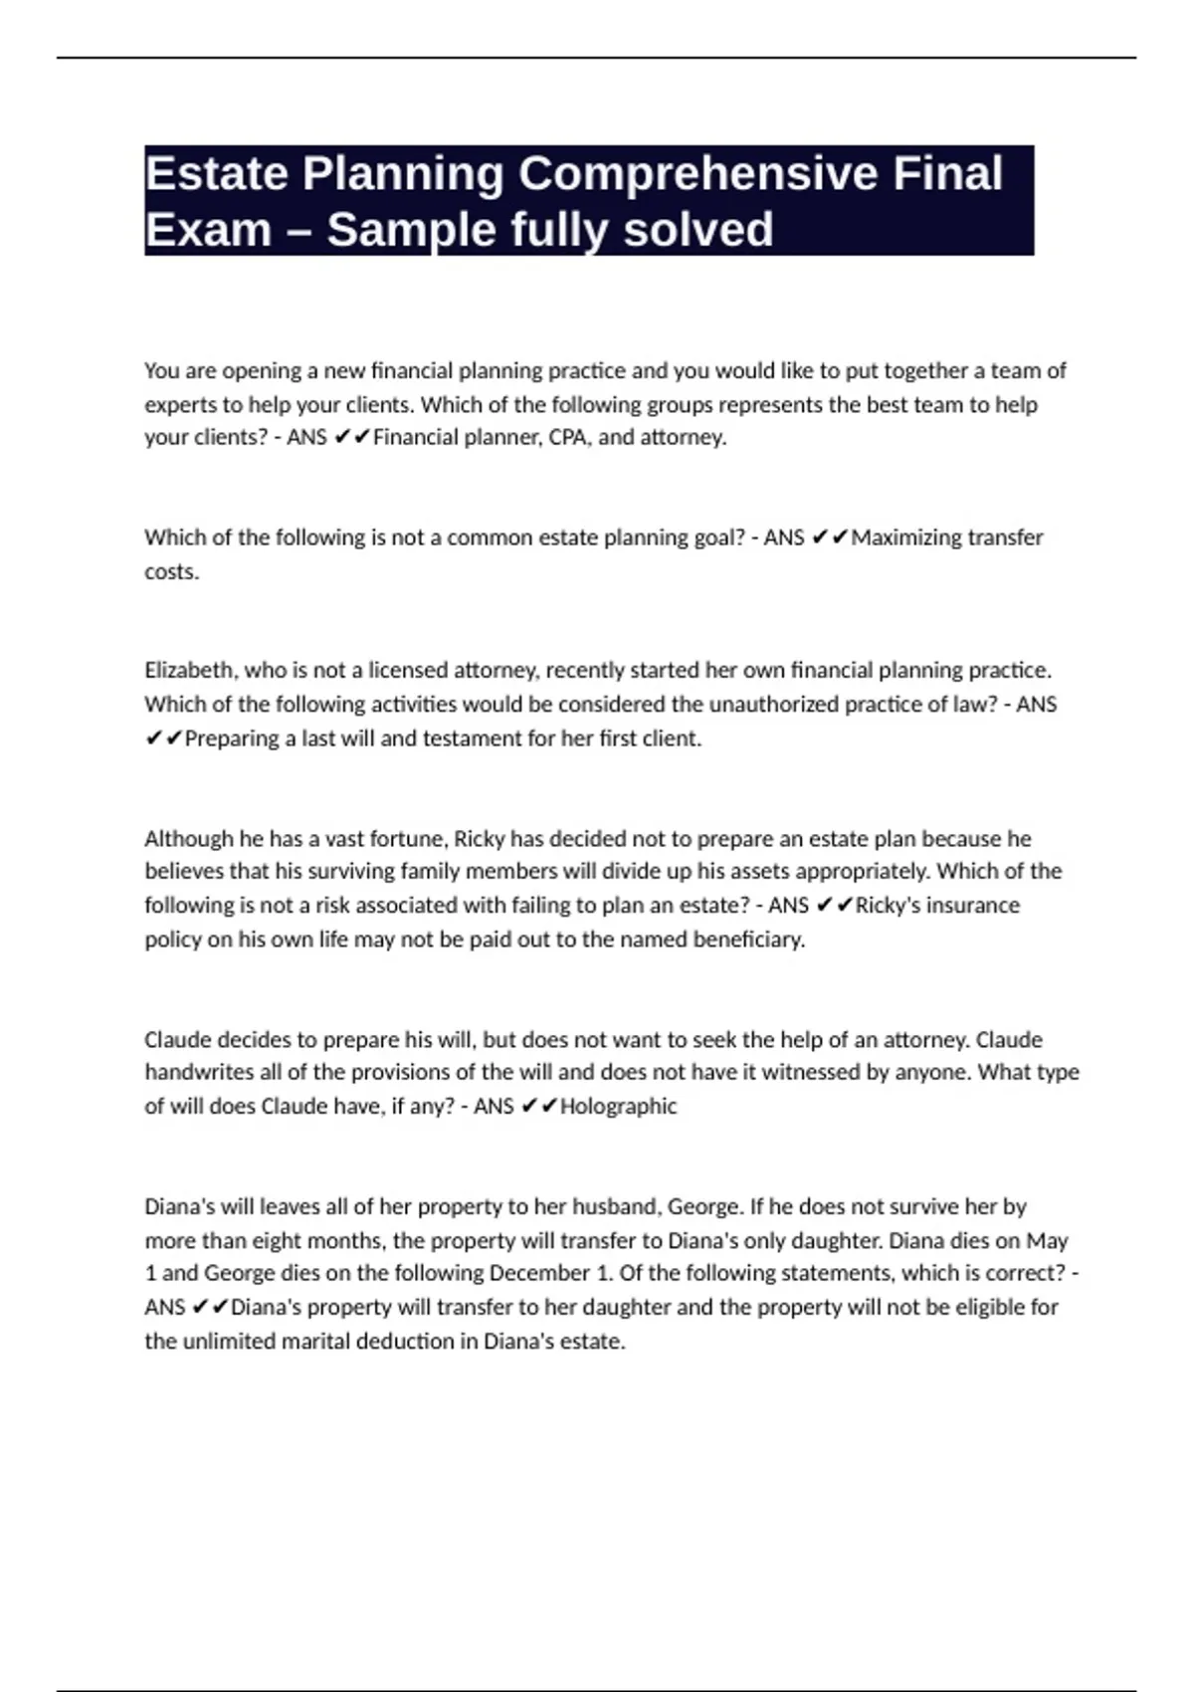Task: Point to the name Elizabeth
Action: click(190, 670)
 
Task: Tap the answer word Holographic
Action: click(618, 1107)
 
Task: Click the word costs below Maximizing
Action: click(171, 572)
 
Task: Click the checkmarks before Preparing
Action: click(163, 739)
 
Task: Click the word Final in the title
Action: click(947, 174)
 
